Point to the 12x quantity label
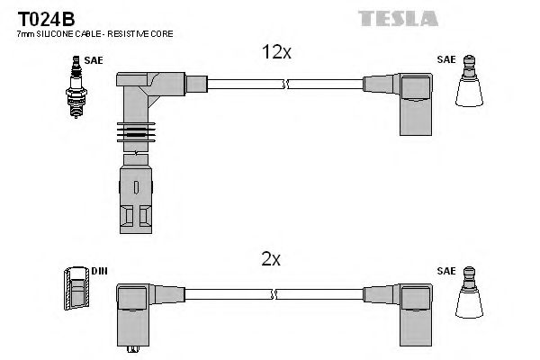(276, 52)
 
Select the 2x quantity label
(270, 260)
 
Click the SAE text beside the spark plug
(94, 60)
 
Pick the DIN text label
(98, 269)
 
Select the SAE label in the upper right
(445, 60)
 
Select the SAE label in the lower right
(445, 269)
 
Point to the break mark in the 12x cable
(285, 85)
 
